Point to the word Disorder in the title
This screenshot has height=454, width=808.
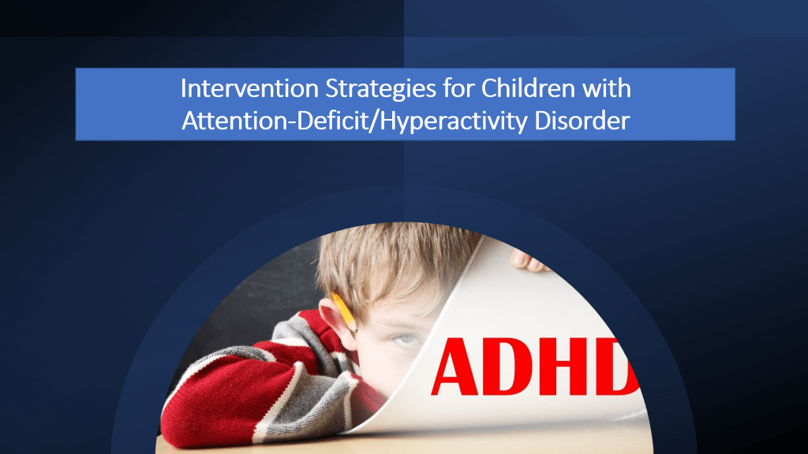[x=582, y=121]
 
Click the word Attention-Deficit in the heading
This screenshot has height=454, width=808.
[x=276, y=121]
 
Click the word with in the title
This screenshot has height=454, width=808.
[x=607, y=88]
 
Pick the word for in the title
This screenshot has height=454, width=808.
[x=458, y=88]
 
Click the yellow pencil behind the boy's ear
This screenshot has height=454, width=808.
[x=344, y=312]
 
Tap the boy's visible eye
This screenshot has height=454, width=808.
[x=406, y=339]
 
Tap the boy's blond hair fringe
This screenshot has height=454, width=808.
[x=391, y=268]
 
